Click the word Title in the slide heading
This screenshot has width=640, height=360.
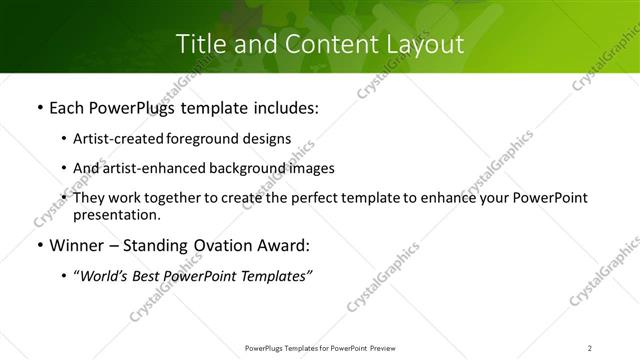click(x=198, y=44)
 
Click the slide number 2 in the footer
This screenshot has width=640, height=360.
click(x=589, y=348)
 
